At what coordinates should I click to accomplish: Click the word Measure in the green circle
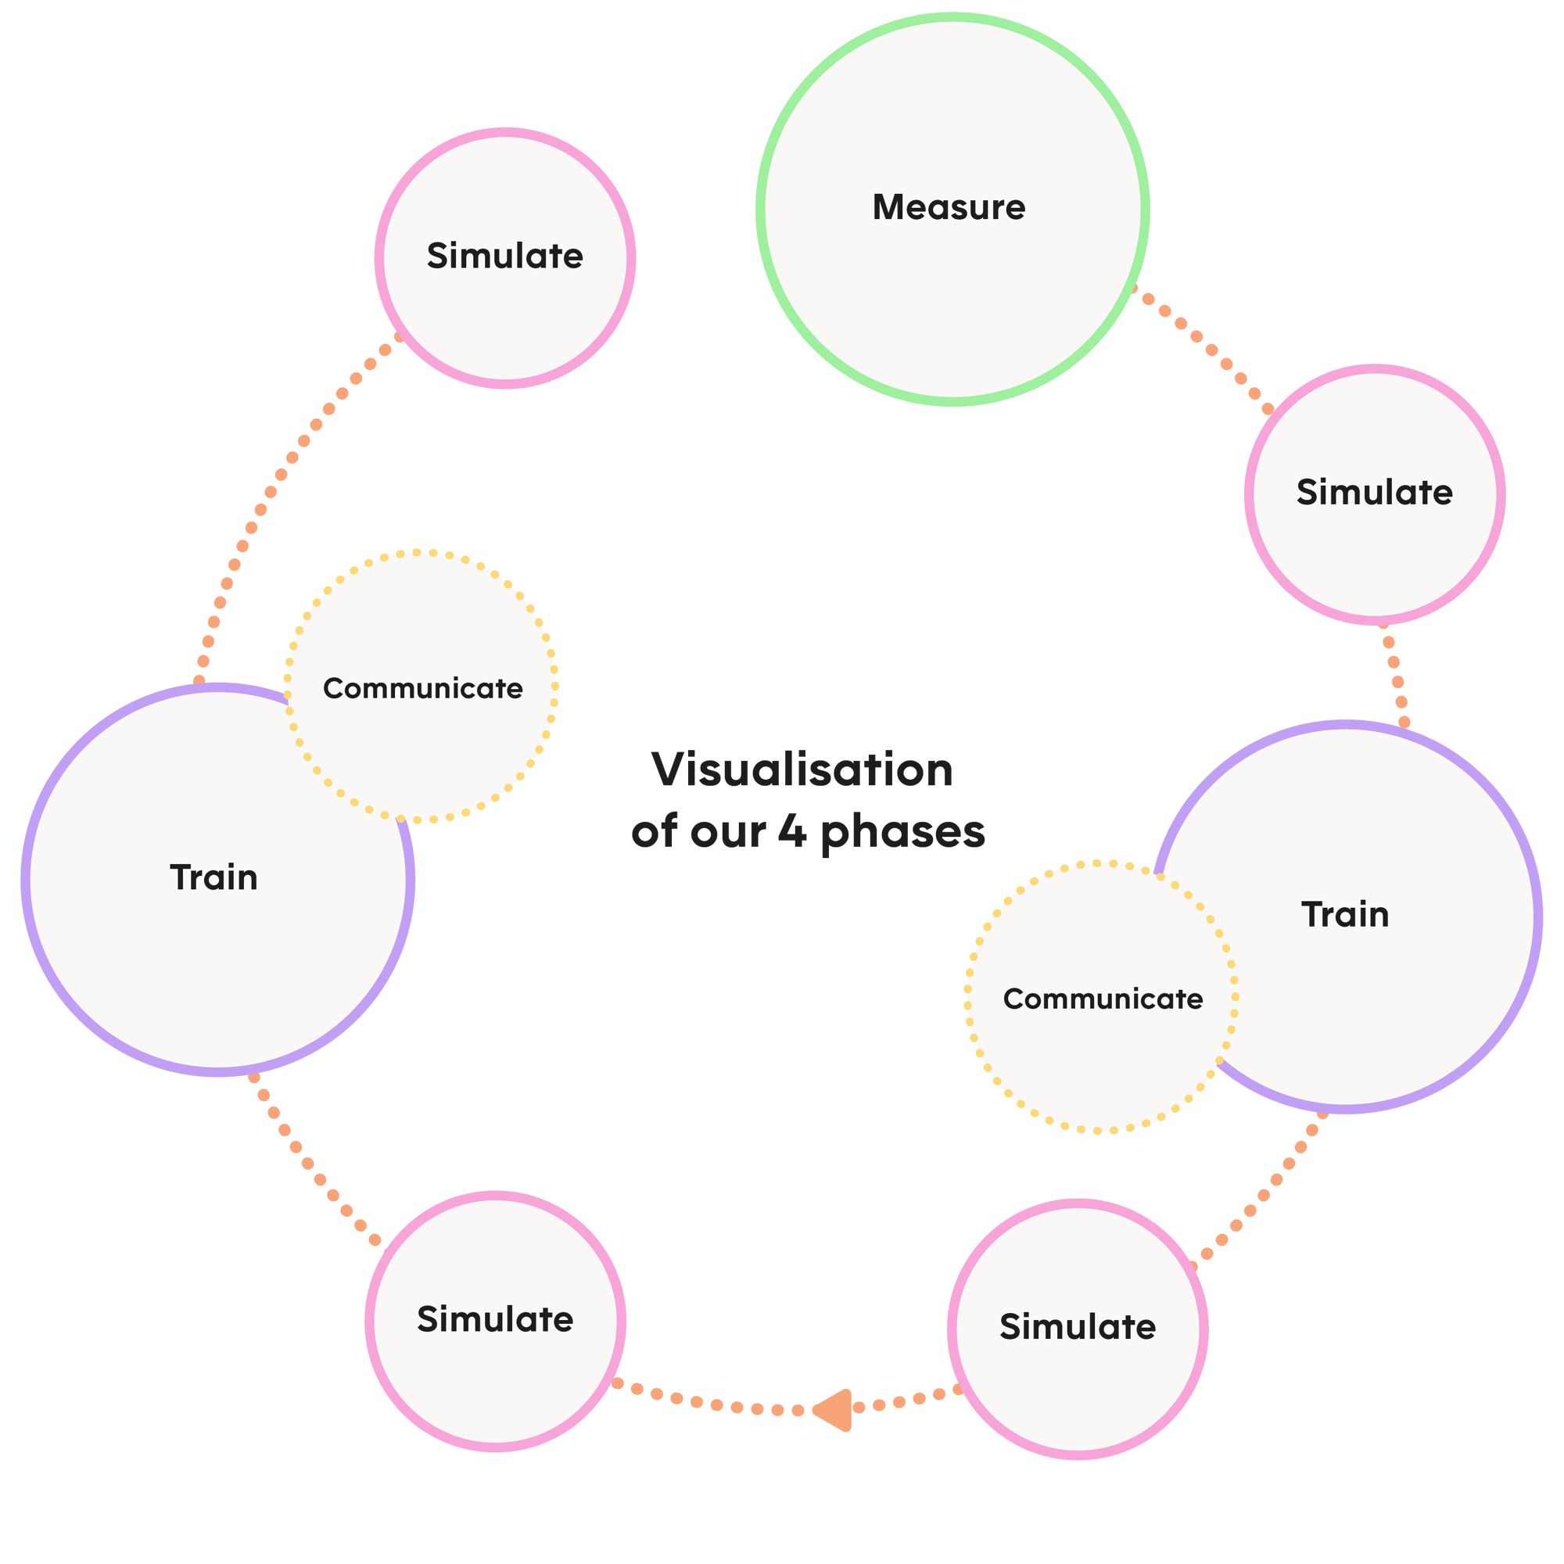pos(949,208)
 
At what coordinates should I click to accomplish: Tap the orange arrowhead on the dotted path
pos(834,1410)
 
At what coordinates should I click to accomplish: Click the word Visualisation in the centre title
pos(802,769)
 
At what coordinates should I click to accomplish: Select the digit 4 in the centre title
pos(791,831)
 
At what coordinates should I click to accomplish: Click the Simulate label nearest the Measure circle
pos(1374,492)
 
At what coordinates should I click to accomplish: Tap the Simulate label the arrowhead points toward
pos(496,1319)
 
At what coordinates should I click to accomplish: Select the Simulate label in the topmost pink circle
pos(505,256)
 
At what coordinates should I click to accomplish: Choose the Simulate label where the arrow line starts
pos(1078,1327)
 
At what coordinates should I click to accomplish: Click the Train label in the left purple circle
pos(213,877)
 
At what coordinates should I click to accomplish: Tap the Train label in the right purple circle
pos(1345,915)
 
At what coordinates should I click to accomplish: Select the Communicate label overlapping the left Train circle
pos(422,689)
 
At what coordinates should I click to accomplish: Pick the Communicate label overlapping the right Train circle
pos(1103,999)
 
